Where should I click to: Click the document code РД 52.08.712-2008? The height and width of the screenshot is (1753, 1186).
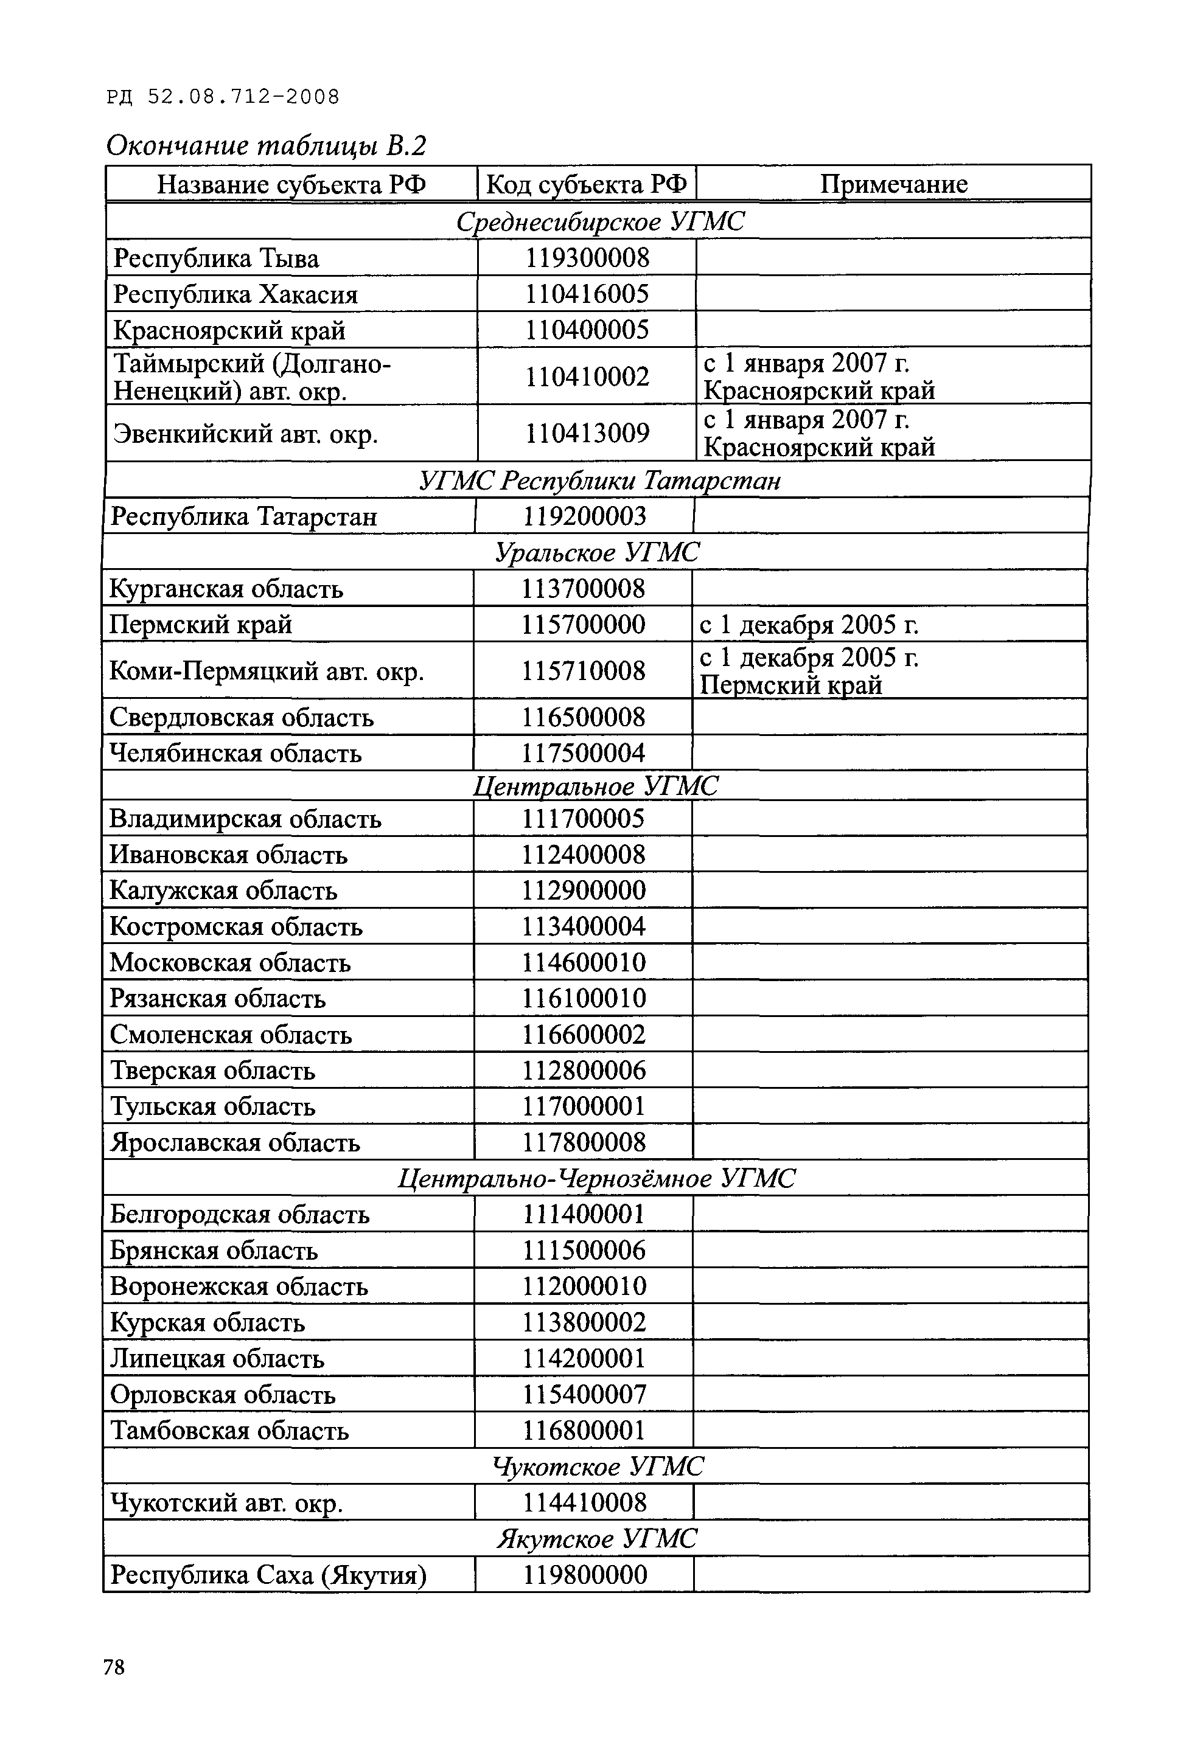coord(223,97)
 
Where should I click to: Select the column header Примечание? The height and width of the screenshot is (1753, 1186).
coord(893,184)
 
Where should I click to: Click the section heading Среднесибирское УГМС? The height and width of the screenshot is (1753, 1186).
coord(600,221)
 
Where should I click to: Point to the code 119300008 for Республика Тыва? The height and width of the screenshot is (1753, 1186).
coord(587,258)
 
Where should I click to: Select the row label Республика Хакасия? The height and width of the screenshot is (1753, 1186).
coord(235,293)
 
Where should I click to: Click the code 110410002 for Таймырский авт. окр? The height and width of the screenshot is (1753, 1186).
coord(587,376)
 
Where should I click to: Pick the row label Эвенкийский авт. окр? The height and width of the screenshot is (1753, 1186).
coord(245,434)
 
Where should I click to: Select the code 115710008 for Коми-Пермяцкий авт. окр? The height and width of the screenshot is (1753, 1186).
coord(583,670)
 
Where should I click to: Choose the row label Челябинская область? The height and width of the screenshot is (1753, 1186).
coord(235,753)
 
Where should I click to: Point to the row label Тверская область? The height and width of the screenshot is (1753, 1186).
coord(213,1071)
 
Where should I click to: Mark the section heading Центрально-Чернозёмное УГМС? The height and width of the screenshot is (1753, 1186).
coord(596,1178)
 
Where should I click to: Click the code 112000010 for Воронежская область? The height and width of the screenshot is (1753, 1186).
coord(585,1286)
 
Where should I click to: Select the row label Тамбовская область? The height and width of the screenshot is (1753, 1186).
coord(229,1430)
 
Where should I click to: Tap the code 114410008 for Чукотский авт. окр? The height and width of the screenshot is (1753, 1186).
coord(585,1502)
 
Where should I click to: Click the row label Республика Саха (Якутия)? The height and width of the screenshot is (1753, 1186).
coord(268,1574)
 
